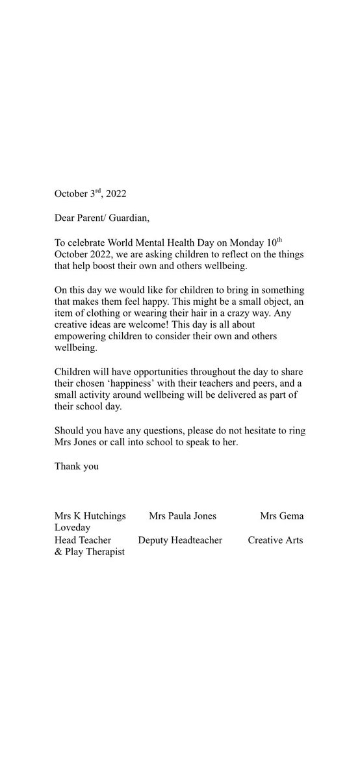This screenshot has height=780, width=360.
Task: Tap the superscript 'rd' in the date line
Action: click(99, 191)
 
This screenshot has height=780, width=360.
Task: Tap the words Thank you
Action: click(77, 465)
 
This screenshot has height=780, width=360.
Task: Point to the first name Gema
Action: click(292, 516)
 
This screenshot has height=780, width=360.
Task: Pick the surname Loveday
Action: click(73, 528)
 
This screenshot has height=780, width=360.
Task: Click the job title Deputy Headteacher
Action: click(180, 540)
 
